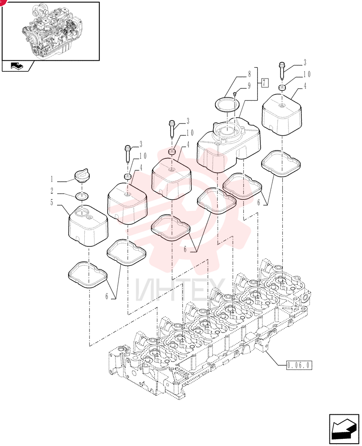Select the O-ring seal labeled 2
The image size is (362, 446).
point(82,196)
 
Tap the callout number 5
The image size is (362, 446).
point(52,202)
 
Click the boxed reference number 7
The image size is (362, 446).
point(264,83)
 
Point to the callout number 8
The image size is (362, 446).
point(249,74)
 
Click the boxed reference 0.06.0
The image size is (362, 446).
point(299,365)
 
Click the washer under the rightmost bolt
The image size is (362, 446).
point(282,87)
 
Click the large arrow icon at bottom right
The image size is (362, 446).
point(344,429)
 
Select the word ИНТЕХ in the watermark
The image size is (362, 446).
point(180,289)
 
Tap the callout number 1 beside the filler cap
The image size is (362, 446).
point(52,179)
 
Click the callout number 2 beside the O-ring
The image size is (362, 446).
point(52,191)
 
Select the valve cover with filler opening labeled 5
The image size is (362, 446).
point(88,226)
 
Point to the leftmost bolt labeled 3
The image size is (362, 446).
point(128,154)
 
